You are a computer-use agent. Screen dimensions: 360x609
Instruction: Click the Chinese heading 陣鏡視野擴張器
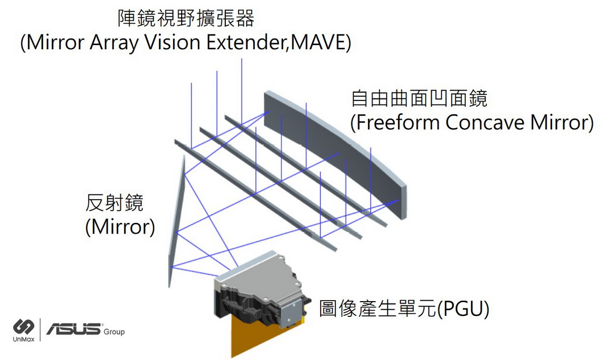coord(186,19)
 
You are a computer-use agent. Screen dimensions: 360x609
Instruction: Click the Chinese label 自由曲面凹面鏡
coord(419,99)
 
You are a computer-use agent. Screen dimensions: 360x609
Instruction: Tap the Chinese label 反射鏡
coord(115,203)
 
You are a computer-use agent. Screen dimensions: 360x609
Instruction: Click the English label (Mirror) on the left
coord(120,226)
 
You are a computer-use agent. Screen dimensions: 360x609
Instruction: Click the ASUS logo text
coord(74,330)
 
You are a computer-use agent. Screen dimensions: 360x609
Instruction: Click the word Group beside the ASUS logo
coord(114,332)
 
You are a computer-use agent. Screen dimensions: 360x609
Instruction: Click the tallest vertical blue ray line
coord(242,91)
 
